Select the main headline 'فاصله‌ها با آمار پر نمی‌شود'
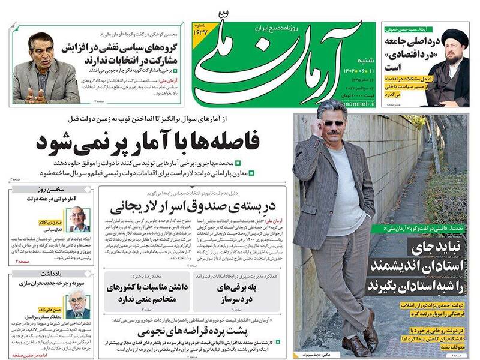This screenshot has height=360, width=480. click(147, 142)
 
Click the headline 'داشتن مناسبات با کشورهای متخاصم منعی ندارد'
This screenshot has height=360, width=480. click(143, 292)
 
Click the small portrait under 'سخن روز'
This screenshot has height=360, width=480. click(78, 219)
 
